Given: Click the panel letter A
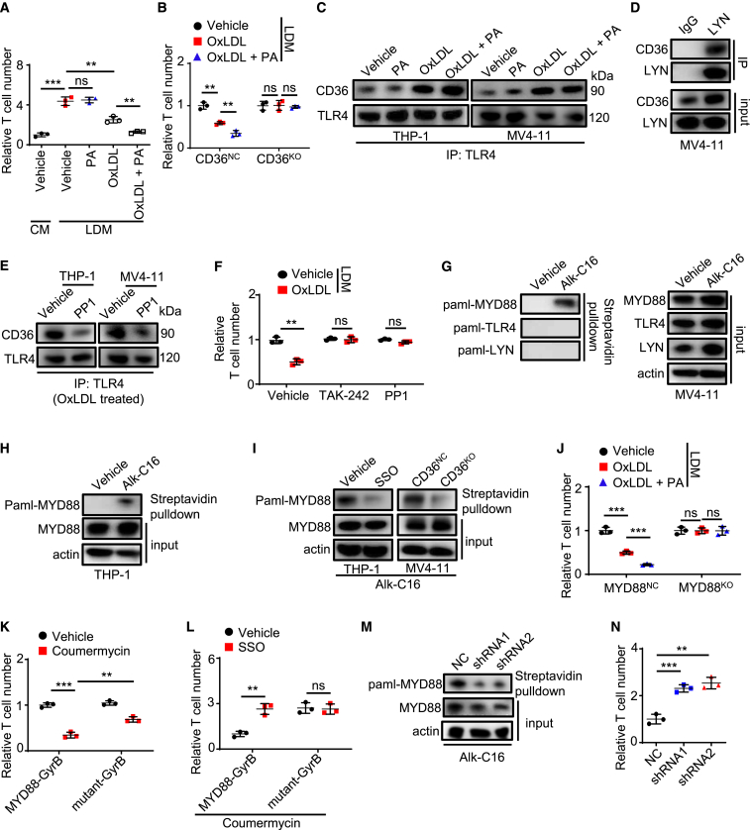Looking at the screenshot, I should [x=8, y=9].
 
